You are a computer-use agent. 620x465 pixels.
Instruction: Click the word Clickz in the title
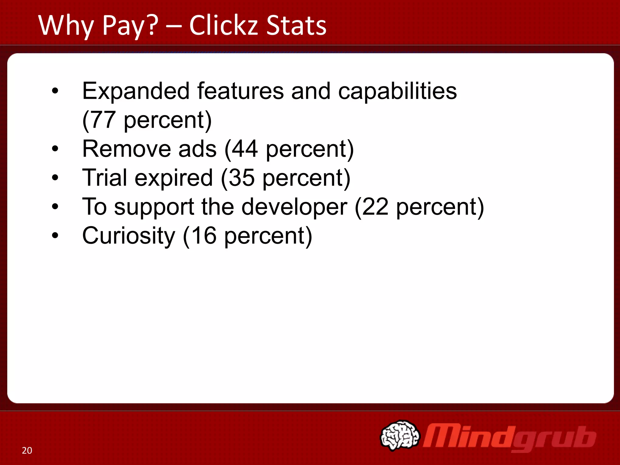224,25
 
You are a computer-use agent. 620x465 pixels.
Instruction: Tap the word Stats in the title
296,25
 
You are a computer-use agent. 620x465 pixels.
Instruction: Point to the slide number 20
27,450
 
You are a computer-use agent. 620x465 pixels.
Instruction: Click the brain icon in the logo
400,435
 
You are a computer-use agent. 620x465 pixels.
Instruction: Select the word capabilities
397,91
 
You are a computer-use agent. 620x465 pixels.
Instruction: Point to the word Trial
104,178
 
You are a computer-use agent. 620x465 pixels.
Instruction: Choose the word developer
294,207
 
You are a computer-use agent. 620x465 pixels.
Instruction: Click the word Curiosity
129,236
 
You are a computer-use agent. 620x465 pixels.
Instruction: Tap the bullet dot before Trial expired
55,178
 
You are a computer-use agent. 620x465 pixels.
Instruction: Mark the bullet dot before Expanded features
55,91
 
